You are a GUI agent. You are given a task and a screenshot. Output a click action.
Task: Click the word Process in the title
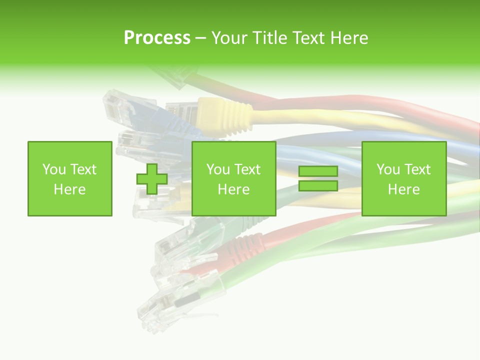click(157, 37)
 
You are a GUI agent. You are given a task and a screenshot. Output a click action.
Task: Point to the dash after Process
click(200, 38)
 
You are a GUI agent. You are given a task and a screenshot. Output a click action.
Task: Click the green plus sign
click(152, 179)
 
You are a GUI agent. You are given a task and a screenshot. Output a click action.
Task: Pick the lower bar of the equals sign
click(318, 186)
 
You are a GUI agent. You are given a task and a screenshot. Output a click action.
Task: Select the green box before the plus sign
click(70, 179)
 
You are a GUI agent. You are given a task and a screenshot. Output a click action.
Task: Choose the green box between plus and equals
click(233, 179)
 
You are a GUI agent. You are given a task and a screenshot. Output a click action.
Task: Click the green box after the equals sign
click(403, 179)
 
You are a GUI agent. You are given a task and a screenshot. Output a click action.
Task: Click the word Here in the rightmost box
click(403, 189)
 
